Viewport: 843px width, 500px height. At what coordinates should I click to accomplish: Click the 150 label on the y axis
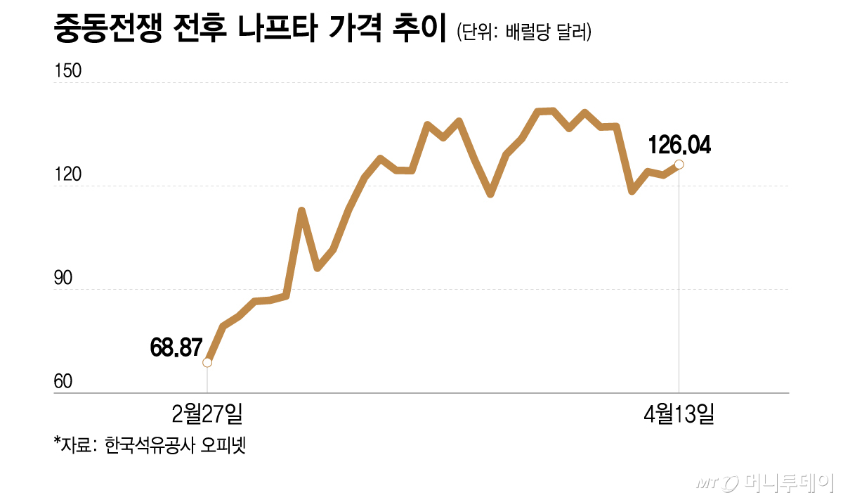click(x=68, y=72)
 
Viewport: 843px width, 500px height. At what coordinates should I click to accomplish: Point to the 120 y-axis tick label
click(x=68, y=175)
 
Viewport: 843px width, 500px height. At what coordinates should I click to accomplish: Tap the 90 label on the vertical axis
click(x=63, y=278)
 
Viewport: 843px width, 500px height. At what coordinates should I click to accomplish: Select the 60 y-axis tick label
click(x=63, y=382)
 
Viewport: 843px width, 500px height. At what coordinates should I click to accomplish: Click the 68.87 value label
click(x=176, y=347)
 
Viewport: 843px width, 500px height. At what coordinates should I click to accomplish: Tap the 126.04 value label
click(x=679, y=146)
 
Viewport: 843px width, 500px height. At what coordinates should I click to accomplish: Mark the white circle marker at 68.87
click(x=207, y=362)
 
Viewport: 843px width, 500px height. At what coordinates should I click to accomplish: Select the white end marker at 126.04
click(x=679, y=165)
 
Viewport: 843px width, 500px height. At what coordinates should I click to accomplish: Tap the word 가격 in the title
click(x=355, y=32)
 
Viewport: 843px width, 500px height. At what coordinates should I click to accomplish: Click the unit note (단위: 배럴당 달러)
click(x=523, y=33)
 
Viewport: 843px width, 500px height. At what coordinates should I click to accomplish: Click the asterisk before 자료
click(x=56, y=442)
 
